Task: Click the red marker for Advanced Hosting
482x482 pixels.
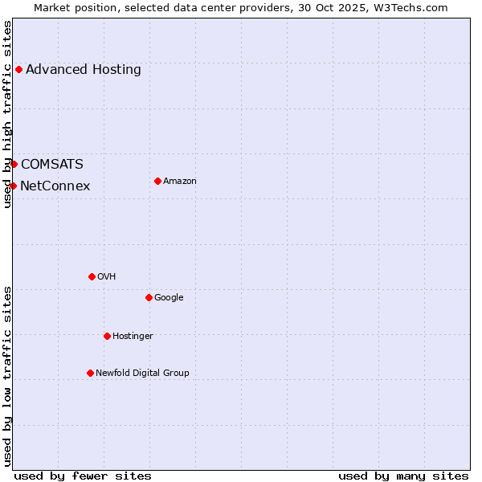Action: [x=18, y=69]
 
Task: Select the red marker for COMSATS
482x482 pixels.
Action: [x=14, y=164]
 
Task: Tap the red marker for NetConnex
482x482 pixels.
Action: [x=13, y=186]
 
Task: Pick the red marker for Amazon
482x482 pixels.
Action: [x=157, y=181]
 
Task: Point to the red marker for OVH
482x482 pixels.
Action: [x=92, y=276]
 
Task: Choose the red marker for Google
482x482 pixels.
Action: [x=149, y=297]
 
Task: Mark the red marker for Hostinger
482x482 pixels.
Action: [x=107, y=336]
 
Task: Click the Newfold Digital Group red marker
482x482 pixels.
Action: [x=90, y=373]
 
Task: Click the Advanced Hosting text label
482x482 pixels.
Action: [x=84, y=69]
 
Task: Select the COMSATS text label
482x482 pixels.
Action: [x=52, y=165]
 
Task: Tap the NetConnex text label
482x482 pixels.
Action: [x=55, y=186]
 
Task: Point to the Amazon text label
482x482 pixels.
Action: [x=180, y=182]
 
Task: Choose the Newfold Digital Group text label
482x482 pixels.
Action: [x=143, y=373]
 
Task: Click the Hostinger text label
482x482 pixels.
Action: [x=133, y=336]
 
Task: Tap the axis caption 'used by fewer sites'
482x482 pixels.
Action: [x=83, y=476]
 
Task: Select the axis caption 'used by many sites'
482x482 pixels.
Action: [x=403, y=476]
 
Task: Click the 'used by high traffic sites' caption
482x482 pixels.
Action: [x=8, y=114]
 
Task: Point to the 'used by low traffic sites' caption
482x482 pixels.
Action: [x=8, y=376]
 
